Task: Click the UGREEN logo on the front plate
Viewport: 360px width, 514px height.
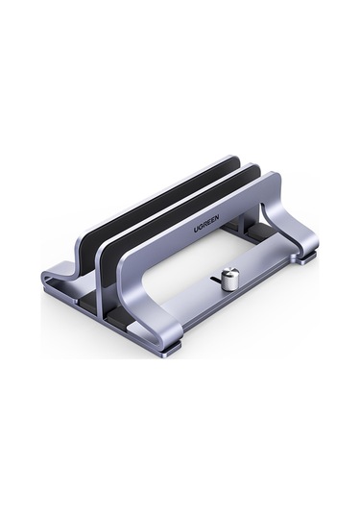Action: tap(206, 223)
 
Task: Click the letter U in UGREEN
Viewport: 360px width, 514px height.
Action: tap(195, 230)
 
